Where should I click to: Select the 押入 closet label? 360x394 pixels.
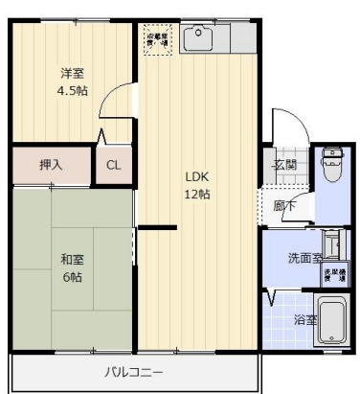coord(51,165)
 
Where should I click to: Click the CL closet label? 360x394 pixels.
coord(113,165)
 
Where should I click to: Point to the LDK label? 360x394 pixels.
coord(197,176)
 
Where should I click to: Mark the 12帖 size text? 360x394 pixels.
coord(198,194)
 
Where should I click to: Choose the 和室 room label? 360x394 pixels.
coord(72,258)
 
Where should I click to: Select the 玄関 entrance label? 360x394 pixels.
coord(285,163)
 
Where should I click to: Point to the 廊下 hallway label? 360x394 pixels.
coord(283,203)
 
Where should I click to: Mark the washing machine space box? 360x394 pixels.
coord(333,273)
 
